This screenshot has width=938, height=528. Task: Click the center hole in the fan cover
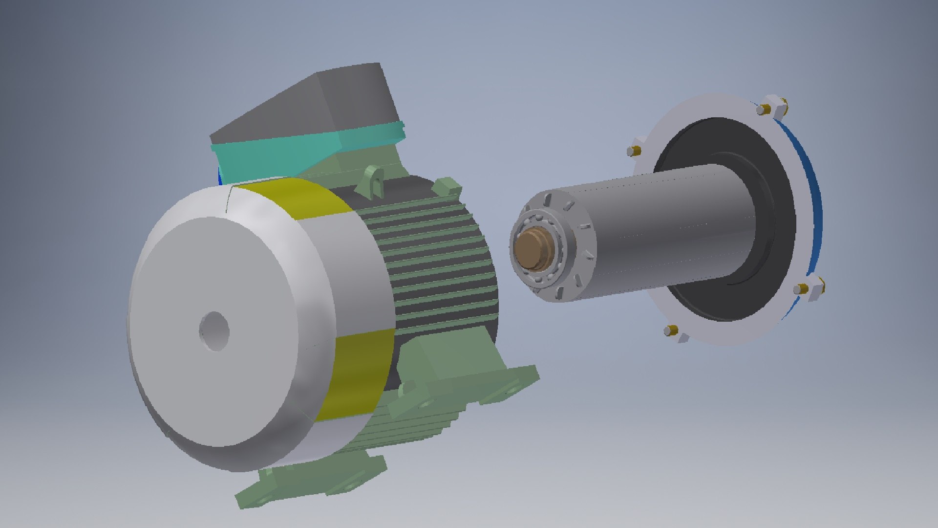(214, 331)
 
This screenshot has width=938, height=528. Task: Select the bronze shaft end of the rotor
(534, 249)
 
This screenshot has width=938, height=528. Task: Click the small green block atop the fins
(447, 186)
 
